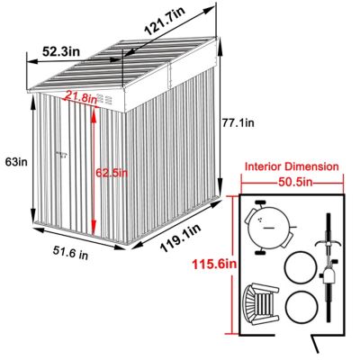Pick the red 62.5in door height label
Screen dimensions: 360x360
(x=112, y=173)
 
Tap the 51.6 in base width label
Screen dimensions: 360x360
(x=67, y=254)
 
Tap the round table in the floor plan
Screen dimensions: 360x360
(x=268, y=229)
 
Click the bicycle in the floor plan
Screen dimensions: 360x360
(x=328, y=261)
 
